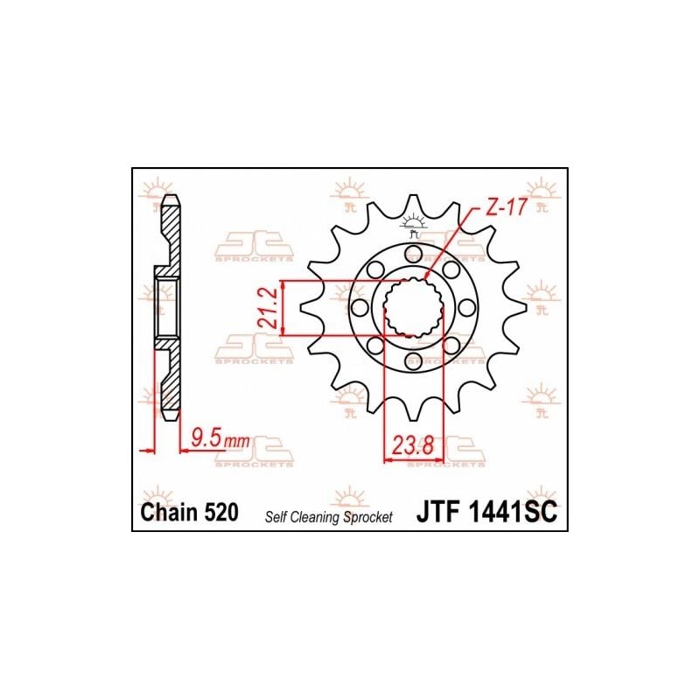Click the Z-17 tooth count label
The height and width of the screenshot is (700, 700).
507,207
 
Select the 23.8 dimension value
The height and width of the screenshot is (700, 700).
413,444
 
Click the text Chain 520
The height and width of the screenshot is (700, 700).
189,512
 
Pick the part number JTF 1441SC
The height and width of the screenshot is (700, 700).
486,512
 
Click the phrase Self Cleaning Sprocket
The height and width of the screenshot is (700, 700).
329,517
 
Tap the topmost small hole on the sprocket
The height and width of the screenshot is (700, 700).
413,254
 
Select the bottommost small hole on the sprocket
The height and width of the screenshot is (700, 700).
413,360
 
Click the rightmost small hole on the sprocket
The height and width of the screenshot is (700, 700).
466,307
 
